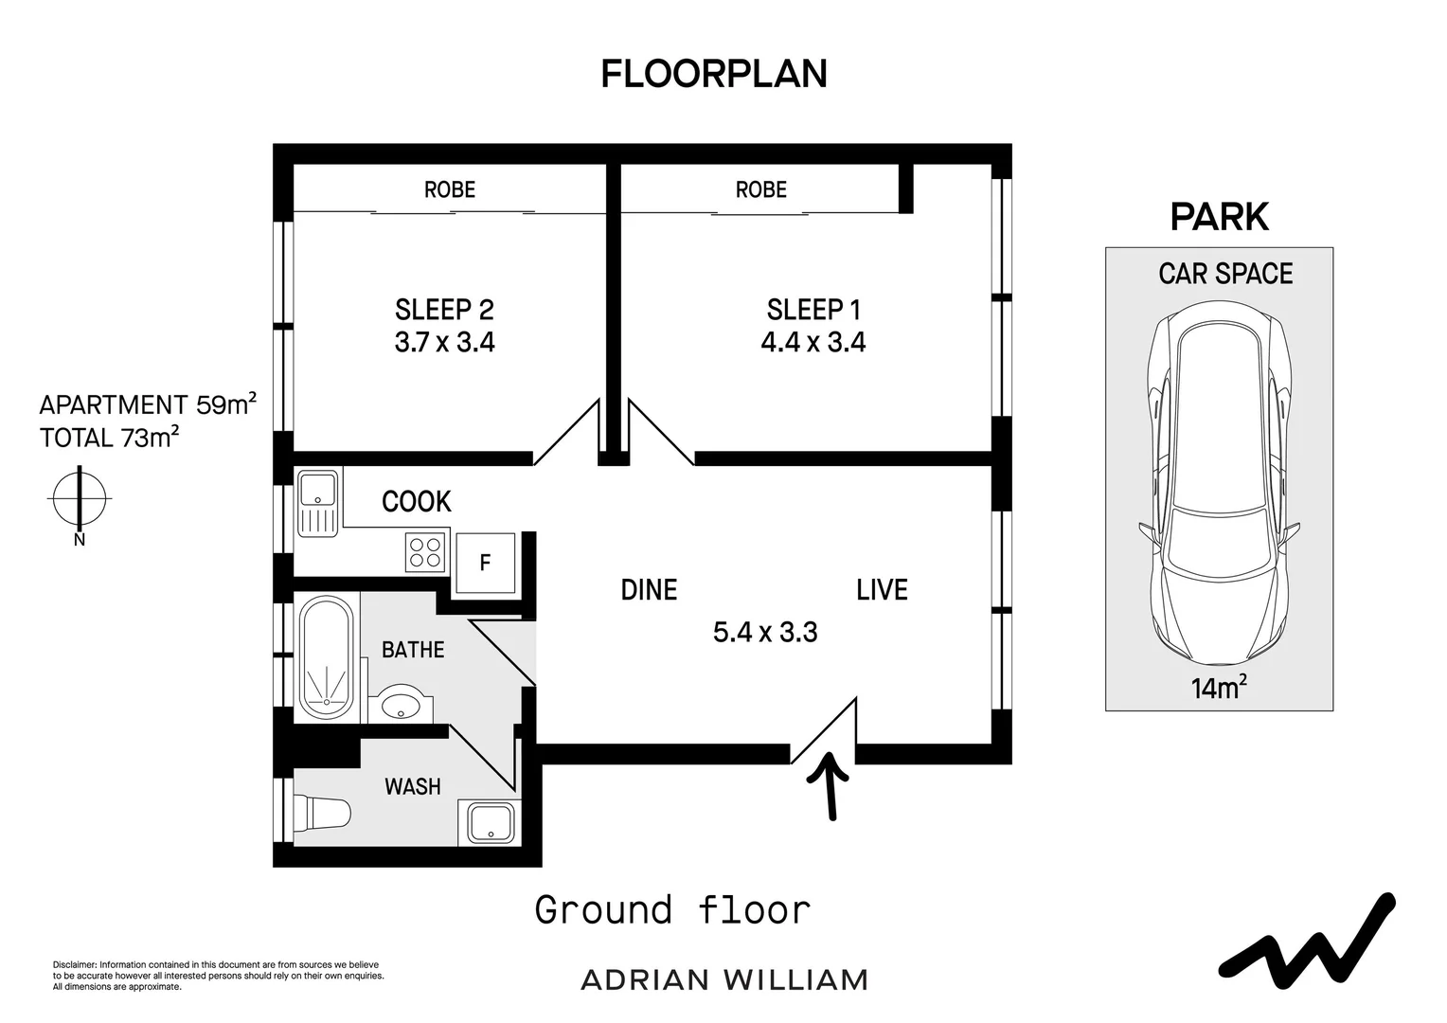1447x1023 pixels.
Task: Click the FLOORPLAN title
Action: (x=714, y=74)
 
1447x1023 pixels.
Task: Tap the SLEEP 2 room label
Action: (x=444, y=310)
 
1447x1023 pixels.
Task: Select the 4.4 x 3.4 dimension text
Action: (x=813, y=342)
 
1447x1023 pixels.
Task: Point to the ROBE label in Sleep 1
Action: (x=761, y=189)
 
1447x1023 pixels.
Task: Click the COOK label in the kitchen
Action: (x=417, y=501)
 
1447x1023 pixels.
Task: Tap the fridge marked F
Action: (x=486, y=563)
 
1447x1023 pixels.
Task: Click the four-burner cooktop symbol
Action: (x=425, y=552)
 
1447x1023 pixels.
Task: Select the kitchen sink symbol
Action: (x=318, y=503)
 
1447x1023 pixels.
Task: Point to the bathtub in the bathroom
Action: (x=327, y=658)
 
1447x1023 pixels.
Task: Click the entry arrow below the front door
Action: (x=831, y=786)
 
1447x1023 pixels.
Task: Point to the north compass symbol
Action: (x=80, y=499)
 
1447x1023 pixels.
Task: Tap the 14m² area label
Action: (x=1219, y=688)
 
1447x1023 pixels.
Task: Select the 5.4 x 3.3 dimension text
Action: (x=765, y=632)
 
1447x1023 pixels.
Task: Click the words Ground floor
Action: (x=672, y=910)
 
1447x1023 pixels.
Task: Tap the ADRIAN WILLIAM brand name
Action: (x=724, y=980)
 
